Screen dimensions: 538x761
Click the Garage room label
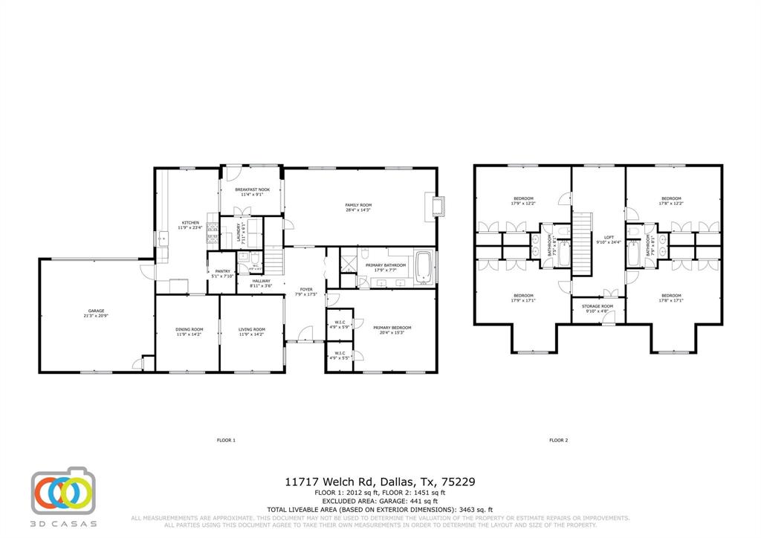click(x=96, y=313)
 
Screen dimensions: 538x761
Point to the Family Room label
click(x=357, y=207)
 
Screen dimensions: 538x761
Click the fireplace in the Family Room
click(x=436, y=206)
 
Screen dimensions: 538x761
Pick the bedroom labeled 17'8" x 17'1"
click(x=671, y=297)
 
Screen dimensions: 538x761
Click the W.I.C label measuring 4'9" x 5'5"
click(x=339, y=355)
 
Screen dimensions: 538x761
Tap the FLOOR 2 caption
click(x=558, y=441)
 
